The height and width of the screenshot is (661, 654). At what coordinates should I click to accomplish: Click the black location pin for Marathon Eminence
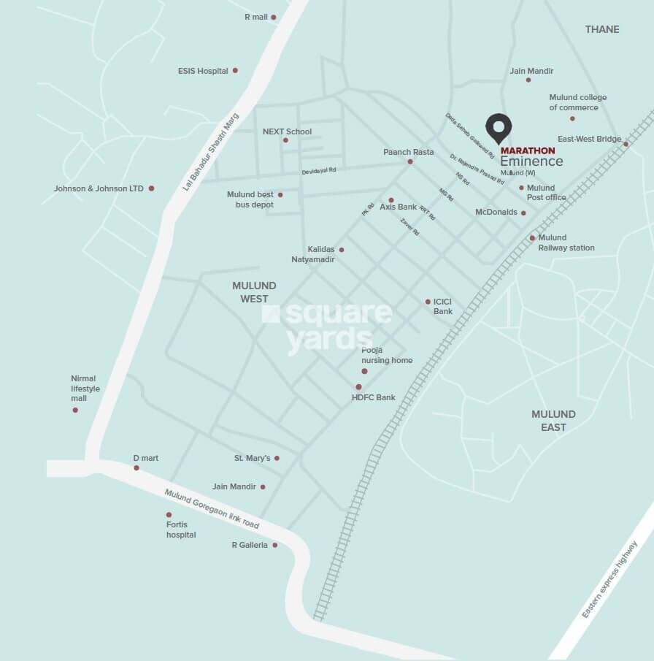499,129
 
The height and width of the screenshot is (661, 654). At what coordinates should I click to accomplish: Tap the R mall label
256,17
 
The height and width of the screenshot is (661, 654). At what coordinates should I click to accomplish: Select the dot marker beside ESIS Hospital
235,71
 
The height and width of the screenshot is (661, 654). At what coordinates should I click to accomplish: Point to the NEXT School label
287,131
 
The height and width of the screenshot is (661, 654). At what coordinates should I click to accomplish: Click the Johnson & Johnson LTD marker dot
151,188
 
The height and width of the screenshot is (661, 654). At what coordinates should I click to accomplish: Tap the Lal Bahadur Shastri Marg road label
210,156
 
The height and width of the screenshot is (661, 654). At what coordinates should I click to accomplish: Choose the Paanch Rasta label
408,152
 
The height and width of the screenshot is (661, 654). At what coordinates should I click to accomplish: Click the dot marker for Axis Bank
391,200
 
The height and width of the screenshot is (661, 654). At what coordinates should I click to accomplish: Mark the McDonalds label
496,212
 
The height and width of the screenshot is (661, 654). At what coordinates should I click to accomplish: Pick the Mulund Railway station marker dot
532,238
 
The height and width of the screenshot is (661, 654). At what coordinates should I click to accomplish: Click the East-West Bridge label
589,139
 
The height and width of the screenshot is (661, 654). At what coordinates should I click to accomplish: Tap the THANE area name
601,29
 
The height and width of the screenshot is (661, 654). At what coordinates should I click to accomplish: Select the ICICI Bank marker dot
428,302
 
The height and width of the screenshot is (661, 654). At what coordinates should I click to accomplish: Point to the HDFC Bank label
373,397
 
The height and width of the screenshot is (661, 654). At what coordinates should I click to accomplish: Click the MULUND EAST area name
553,420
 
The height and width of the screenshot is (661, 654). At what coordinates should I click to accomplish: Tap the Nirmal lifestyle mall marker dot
75,410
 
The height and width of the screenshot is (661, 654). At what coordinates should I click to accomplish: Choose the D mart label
145,458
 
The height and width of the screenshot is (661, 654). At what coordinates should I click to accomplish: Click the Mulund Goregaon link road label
212,509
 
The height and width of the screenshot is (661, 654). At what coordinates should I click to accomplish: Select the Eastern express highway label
610,579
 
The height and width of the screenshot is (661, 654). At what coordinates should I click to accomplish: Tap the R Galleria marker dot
275,545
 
